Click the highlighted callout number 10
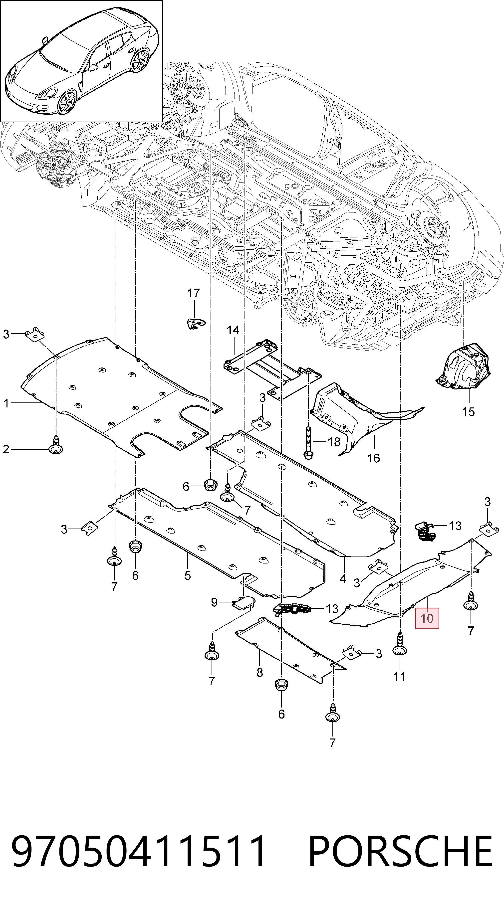[x=427, y=618]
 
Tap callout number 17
[x=194, y=293]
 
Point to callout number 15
[x=468, y=412]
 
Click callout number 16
[x=374, y=458]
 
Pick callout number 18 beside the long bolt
[x=334, y=442]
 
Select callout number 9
[x=214, y=602]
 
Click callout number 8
[x=260, y=673]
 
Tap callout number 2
[x=6, y=449]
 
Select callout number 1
[x=6, y=403]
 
